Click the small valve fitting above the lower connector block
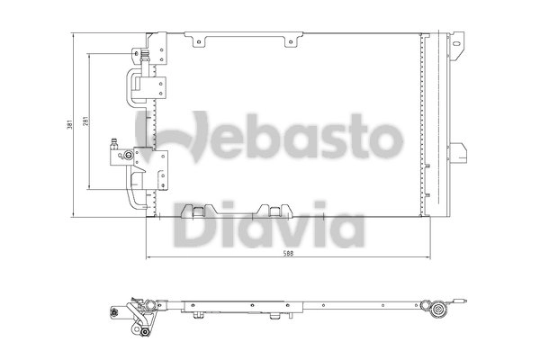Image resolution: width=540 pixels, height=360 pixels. (x=113, y=143)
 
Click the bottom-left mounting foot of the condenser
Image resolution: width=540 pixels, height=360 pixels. (x=191, y=211)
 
